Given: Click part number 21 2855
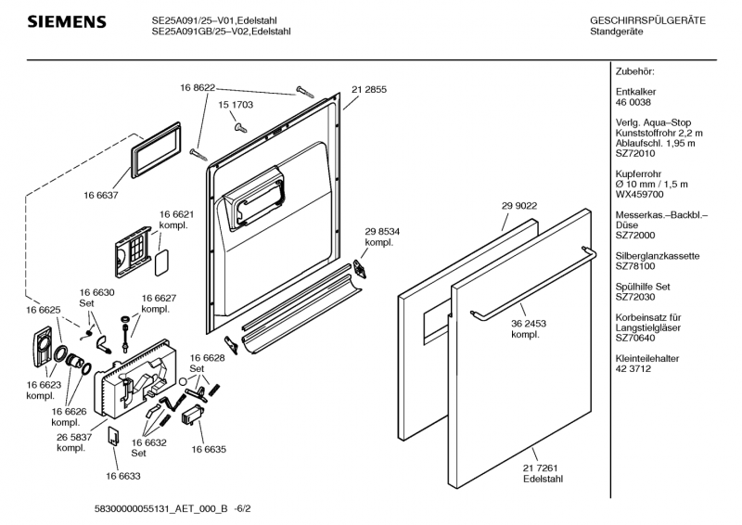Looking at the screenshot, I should tap(369, 89).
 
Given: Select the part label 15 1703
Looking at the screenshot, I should tap(236, 107).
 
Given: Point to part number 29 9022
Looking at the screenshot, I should tap(520, 205).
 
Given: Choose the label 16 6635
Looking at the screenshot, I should tap(209, 449).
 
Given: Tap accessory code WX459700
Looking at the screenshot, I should tap(639, 195).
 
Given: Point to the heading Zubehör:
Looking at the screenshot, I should tap(635, 71).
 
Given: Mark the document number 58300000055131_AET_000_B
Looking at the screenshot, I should tap(162, 508).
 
